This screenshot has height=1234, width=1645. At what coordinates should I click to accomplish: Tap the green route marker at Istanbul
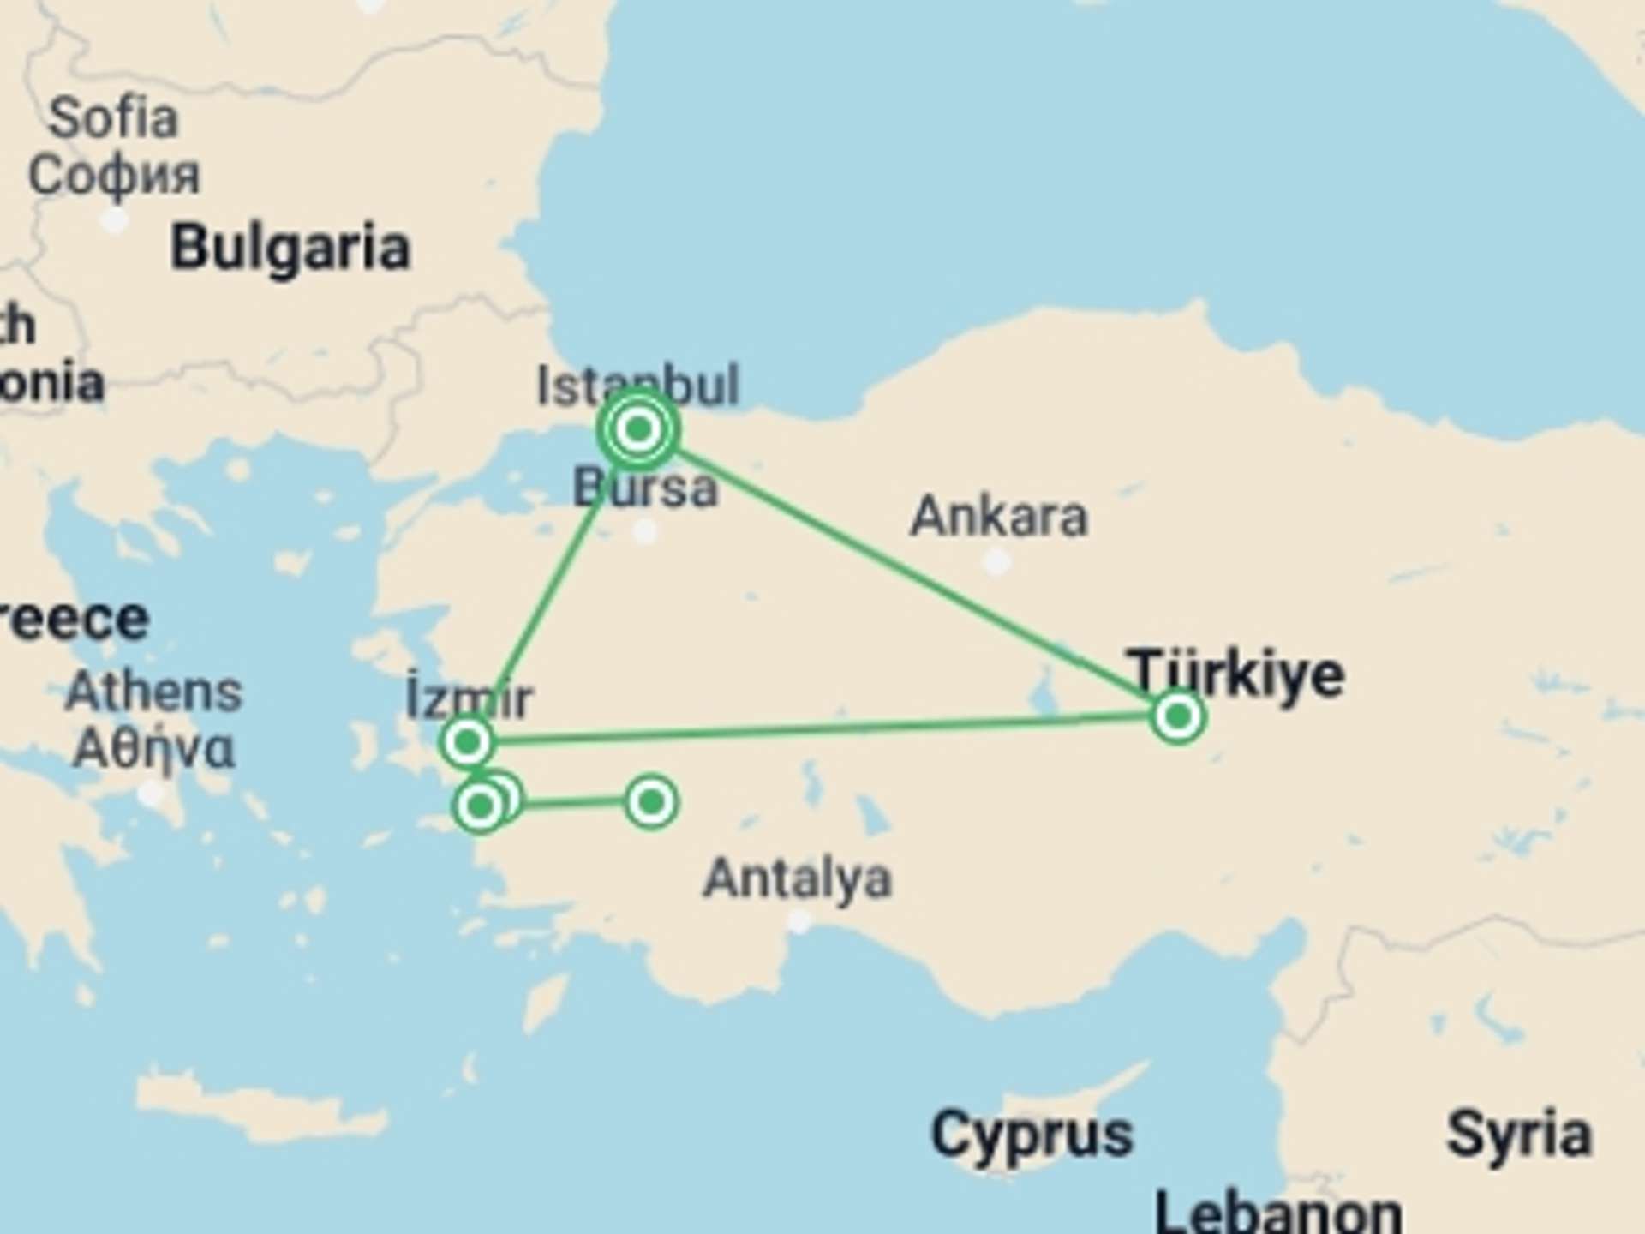(x=638, y=428)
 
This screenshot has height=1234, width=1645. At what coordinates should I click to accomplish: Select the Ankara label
(x=999, y=517)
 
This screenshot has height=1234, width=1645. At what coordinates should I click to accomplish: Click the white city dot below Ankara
(x=996, y=563)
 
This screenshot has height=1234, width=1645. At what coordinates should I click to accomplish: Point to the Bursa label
(x=645, y=488)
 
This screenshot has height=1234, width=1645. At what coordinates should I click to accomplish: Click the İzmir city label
(x=470, y=698)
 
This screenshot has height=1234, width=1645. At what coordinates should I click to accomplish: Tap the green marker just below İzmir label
(x=467, y=741)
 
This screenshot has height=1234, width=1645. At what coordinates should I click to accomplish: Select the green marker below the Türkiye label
(x=1178, y=716)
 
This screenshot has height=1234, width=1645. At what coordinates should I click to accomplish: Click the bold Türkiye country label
(x=1235, y=674)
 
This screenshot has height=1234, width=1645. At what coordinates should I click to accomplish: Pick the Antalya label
(x=798, y=878)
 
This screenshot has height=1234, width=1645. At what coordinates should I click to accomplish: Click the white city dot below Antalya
(x=799, y=922)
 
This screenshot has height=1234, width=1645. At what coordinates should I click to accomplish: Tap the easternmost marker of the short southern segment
(x=651, y=801)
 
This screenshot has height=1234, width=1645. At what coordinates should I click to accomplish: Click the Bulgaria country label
(x=290, y=249)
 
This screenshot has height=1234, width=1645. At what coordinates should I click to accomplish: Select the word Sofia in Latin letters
(x=113, y=117)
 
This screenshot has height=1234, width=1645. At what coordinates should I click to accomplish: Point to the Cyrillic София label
(x=113, y=175)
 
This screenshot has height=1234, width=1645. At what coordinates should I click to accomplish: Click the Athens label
(x=154, y=691)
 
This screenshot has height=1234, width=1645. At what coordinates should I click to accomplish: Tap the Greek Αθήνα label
(x=154, y=748)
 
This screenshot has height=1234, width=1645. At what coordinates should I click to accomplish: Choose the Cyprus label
(x=1032, y=1135)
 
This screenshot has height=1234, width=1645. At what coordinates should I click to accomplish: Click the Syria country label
(x=1519, y=1135)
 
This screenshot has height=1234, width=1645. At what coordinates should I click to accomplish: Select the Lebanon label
(x=1278, y=1213)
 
